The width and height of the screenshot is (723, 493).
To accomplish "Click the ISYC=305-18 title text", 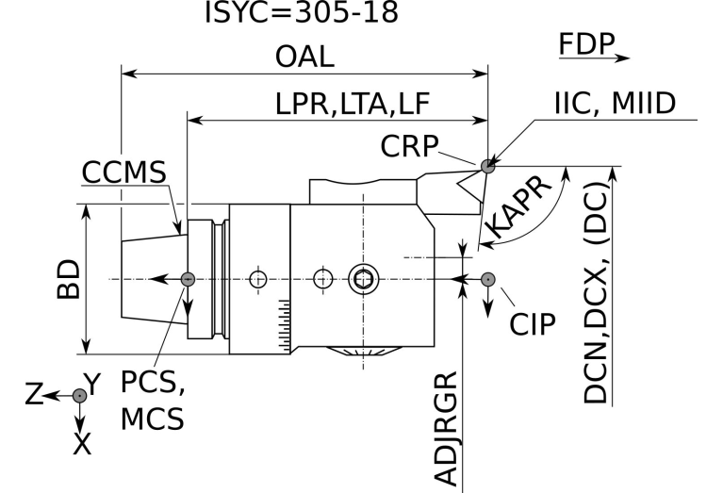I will pos(302,13).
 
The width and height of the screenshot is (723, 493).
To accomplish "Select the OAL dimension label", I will pos(304,56).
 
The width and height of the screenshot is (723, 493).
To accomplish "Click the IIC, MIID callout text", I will pos(614,103).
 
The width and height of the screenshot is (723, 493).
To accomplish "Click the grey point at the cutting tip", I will pos(487,167).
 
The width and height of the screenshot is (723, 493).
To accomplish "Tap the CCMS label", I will pos(123,173).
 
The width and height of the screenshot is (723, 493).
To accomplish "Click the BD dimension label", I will pos(67,279).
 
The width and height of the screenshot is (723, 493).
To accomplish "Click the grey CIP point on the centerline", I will pos(488,279).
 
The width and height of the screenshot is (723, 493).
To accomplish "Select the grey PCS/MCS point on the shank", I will pos(188,279).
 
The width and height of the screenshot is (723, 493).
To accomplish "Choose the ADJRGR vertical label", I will pos(450,429).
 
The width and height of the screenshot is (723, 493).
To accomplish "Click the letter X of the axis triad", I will pos(81,443).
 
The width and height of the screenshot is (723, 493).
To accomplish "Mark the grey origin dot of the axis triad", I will pos(80,396).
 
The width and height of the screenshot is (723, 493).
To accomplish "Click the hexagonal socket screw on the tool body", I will pos(361,279).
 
